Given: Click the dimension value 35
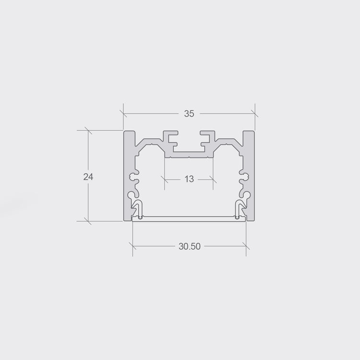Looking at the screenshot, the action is (x=189, y=113).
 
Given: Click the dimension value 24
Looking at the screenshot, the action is (x=88, y=177).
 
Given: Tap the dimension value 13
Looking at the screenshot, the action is (x=189, y=179).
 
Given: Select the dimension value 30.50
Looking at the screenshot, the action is (x=190, y=246).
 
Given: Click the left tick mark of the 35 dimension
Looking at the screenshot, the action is (x=123, y=113).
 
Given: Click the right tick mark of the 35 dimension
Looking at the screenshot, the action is (x=255, y=113).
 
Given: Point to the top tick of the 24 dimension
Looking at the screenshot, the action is (x=88, y=131).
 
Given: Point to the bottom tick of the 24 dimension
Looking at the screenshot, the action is (x=88, y=221).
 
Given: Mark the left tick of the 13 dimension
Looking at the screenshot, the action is (x=164, y=180).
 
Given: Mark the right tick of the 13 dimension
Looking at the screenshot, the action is (x=213, y=180).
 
